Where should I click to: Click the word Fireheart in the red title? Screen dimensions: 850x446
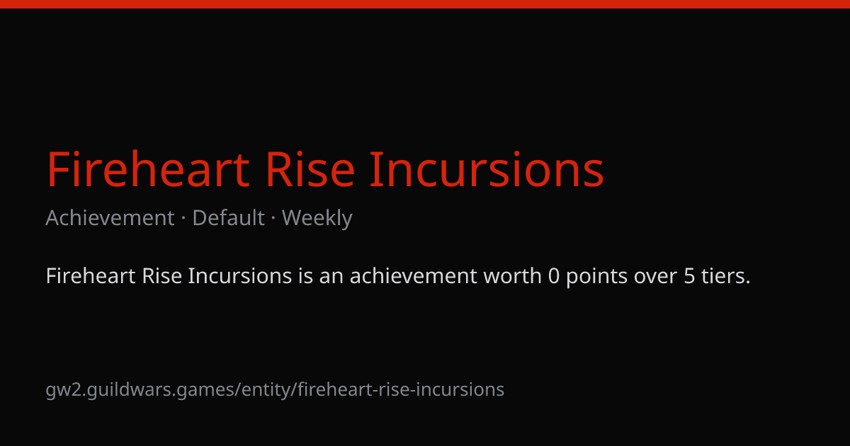point(148,169)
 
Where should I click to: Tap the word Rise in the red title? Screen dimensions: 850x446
point(310,169)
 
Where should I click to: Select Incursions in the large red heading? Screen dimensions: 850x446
point(487,169)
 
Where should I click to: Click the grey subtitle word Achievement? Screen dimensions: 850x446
point(110,218)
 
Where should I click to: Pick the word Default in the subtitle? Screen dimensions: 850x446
point(228,218)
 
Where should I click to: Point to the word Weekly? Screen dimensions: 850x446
point(317,219)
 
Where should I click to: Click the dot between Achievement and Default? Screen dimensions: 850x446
point(183,219)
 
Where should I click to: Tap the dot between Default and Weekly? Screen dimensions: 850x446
point(273,219)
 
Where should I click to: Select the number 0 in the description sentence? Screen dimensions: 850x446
point(554,276)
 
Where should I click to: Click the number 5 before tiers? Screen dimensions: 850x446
point(689,276)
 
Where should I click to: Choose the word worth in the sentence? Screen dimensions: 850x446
point(512,275)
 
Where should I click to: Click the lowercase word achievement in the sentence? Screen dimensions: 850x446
point(413,275)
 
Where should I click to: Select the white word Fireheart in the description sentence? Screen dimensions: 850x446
point(91,275)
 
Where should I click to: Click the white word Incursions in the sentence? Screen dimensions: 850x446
point(240,275)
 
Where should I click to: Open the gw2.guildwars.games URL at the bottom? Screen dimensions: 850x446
point(275,390)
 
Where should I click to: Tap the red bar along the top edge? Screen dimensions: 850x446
point(425,4)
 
